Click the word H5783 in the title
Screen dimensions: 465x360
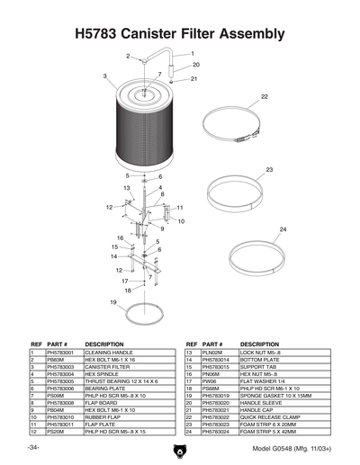tap(101, 34)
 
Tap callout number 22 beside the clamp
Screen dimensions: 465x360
tap(265, 95)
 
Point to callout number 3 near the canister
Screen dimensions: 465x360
tap(105, 76)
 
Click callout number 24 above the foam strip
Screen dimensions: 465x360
tap(282, 229)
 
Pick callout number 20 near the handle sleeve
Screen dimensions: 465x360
tap(195, 65)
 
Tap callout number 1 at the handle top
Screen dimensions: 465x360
tap(192, 53)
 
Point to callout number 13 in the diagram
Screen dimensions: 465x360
tap(127, 187)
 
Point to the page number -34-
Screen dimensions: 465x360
tap(33, 447)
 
